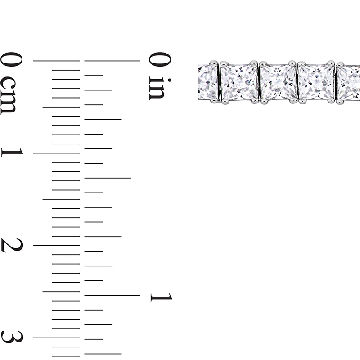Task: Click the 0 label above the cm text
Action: coord(11,59)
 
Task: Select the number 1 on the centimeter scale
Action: coord(12,152)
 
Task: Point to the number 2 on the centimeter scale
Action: coord(12,245)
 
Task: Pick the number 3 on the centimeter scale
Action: coord(12,337)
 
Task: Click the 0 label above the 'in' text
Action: coord(160,59)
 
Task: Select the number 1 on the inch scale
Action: coord(161,297)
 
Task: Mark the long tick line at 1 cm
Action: coord(56,153)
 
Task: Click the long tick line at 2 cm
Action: coord(56,245)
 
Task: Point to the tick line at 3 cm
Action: coord(56,337)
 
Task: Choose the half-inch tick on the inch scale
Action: coord(108,178)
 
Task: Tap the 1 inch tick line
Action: coord(112,295)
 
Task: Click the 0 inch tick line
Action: coord(112,60)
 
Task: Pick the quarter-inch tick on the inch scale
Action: coord(103,119)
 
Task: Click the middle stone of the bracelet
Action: coord(278,82)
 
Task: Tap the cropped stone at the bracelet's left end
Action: coord(207,82)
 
